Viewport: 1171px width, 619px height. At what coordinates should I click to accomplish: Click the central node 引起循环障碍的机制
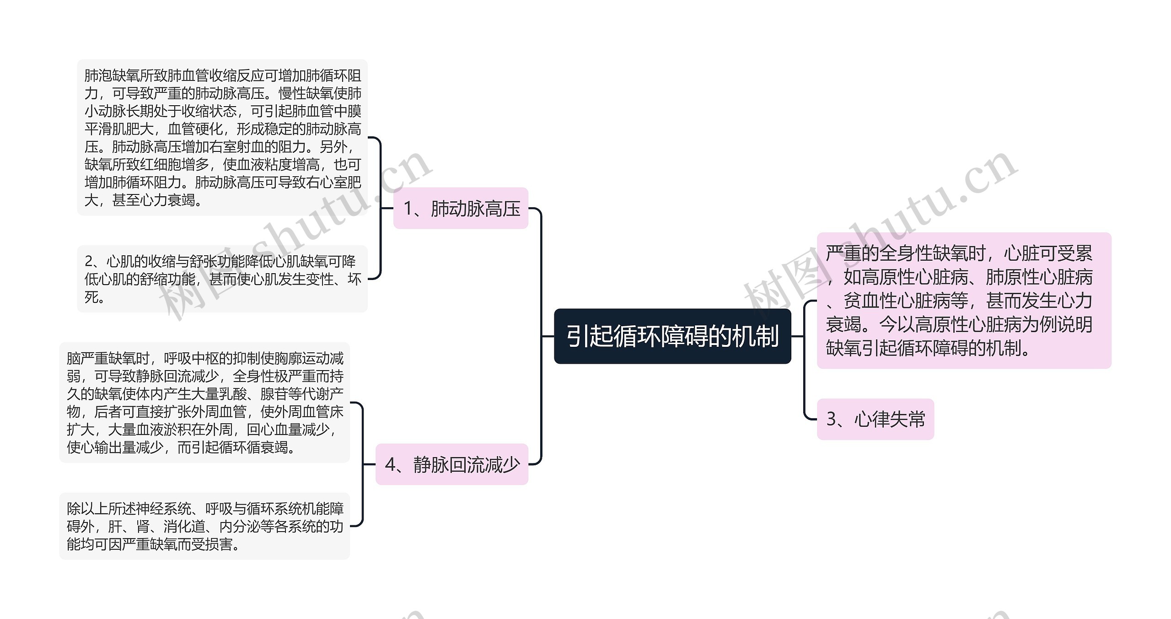(x=672, y=336)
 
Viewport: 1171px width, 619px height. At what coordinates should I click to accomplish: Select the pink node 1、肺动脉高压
(x=461, y=208)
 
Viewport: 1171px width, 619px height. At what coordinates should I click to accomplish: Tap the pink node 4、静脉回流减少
(x=451, y=464)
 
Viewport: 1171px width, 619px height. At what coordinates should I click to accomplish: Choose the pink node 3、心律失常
(x=875, y=419)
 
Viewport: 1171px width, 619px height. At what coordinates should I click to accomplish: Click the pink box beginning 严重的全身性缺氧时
(x=964, y=301)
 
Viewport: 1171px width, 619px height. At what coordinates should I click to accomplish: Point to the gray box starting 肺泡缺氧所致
(x=222, y=137)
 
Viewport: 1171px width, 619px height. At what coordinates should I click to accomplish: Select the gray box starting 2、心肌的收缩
(x=222, y=279)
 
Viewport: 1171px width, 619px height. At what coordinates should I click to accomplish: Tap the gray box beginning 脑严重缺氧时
(x=204, y=402)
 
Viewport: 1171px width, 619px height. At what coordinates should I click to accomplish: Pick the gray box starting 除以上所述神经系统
(x=204, y=526)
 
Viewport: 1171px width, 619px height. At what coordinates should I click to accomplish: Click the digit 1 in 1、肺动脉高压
(x=408, y=209)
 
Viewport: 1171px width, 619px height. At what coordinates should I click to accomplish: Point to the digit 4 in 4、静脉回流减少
(x=390, y=465)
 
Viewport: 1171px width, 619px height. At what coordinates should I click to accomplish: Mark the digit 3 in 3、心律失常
(x=832, y=420)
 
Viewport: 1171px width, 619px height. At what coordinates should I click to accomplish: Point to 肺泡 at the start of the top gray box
(x=98, y=75)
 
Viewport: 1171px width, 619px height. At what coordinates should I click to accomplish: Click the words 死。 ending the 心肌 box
(x=95, y=297)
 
